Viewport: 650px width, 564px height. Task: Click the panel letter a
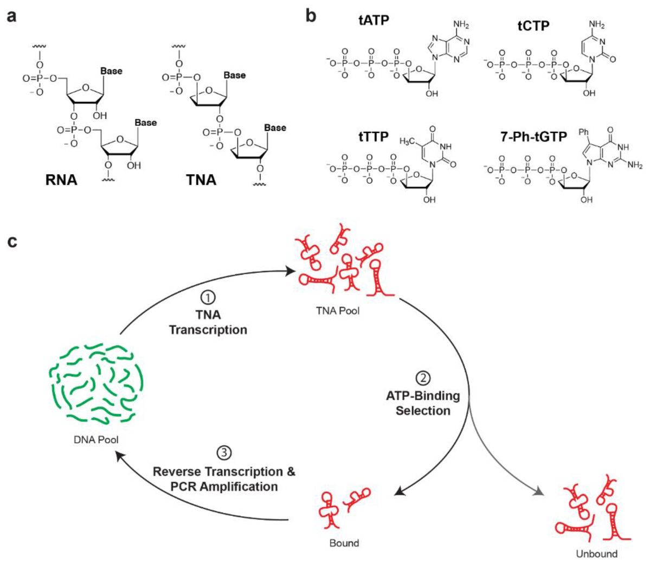[11, 16]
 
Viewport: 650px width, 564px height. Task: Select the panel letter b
[311, 15]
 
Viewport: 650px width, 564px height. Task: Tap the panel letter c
[11, 241]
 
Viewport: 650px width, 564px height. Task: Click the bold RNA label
[61, 180]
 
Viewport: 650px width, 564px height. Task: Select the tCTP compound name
[535, 25]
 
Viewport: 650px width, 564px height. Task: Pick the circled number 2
[422, 377]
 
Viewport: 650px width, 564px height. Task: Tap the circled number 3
[223, 452]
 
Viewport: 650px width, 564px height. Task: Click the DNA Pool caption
[96, 440]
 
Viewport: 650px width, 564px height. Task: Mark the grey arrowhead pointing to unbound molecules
[538, 492]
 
